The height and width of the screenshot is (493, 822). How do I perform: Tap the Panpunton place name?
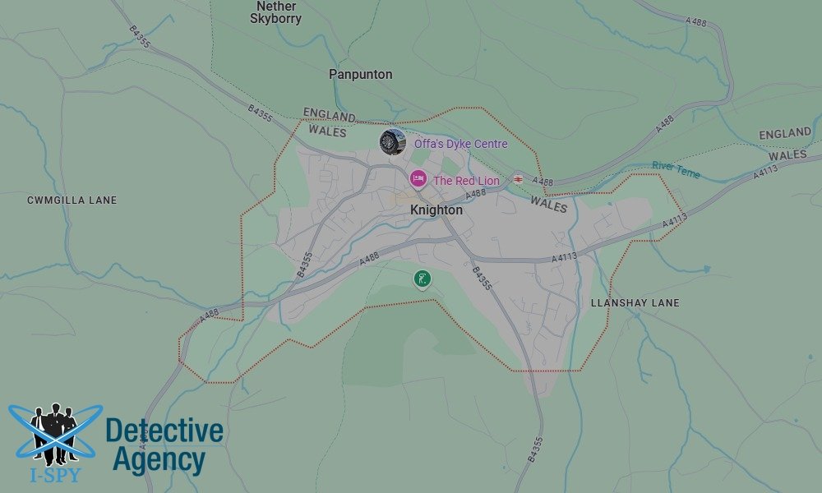(360, 74)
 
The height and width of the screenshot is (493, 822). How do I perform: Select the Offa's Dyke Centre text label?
(460, 144)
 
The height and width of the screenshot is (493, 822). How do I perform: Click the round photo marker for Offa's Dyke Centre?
(392, 141)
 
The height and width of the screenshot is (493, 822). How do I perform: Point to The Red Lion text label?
(466, 181)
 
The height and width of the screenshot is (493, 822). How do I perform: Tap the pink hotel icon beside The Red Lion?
(418, 178)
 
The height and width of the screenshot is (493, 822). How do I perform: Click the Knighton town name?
(436, 210)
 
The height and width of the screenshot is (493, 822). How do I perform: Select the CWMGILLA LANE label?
(72, 200)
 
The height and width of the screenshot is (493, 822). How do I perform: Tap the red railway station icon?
(518, 178)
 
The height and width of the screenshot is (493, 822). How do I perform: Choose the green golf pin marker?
(422, 279)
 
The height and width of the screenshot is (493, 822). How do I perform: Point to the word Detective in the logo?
(164, 431)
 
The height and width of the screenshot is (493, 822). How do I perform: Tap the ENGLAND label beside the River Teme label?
(784, 133)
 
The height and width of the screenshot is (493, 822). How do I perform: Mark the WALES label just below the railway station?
(548, 203)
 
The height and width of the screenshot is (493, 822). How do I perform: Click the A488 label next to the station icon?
(543, 181)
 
